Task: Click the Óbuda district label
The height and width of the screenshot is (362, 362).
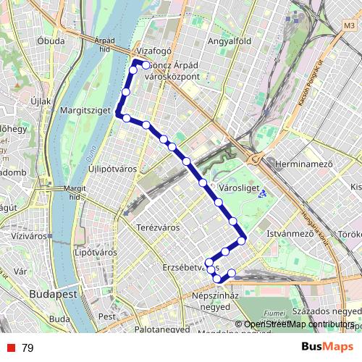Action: (x=51, y=41)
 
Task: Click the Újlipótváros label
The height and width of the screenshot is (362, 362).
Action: (x=112, y=169)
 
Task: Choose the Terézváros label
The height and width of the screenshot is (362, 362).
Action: (x=157, y=227)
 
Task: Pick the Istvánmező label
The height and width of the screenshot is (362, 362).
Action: (x=289, y=234)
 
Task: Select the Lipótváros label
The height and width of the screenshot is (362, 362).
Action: (x=95, y=252)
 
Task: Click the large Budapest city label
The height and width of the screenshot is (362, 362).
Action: (x=54, y=295)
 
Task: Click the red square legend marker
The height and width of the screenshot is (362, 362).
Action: (x=9, y=348)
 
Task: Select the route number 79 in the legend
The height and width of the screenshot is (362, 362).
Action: (x=28, y=348)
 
